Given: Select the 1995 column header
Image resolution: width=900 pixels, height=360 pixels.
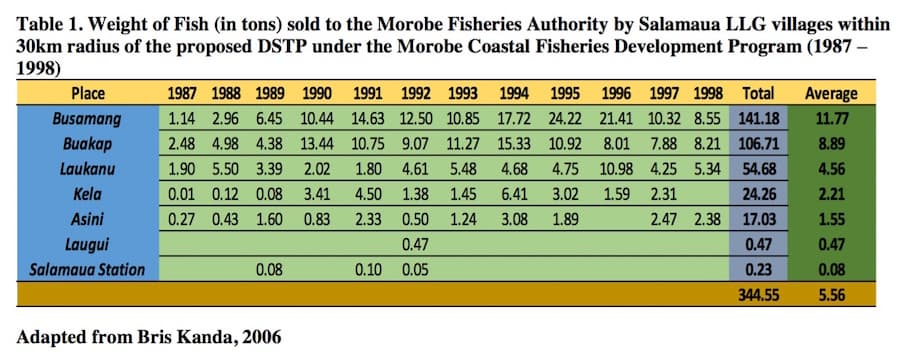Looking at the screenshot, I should (x=566, y=94).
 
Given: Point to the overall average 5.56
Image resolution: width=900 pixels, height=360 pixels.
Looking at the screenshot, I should (x=831, y=295).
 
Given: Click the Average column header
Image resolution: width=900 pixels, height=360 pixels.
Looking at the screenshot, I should (x=831, y=94).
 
